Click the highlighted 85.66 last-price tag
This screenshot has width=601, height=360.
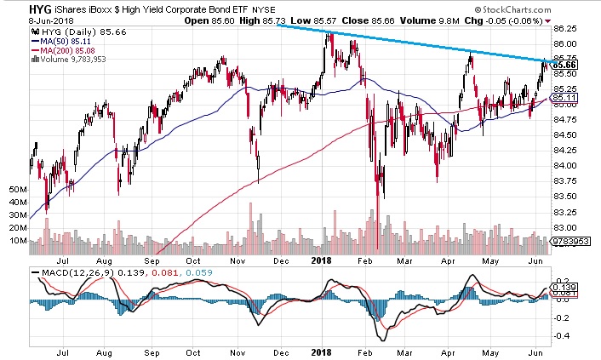pos(565,65)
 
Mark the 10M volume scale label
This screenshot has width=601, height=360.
pos(15,242)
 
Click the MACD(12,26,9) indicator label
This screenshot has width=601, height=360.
pos(65,272)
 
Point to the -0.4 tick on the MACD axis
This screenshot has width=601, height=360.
pos(562,334)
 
